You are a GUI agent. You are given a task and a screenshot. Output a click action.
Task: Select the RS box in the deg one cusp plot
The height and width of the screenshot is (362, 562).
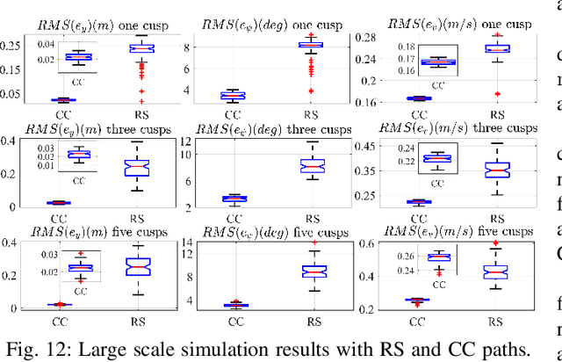(309, 44)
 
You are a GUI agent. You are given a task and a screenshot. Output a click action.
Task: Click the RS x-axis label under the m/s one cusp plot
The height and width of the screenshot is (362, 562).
(497, 114)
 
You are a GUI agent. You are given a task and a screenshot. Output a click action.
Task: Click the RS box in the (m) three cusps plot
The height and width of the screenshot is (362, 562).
(136, 168)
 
